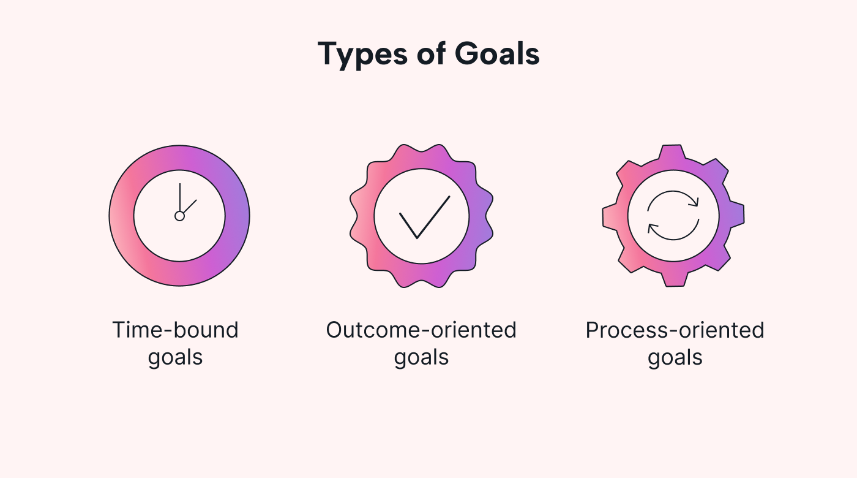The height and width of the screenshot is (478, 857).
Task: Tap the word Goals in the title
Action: click(497, 54)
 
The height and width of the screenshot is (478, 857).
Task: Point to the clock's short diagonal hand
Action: click(189, 207)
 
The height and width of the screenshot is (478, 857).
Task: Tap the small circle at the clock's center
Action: click(179, 216)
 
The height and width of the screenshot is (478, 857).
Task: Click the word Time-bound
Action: click(175, 330)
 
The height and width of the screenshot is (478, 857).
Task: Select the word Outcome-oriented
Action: click(421, 330)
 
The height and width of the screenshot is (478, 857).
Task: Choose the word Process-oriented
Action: click(675, 330)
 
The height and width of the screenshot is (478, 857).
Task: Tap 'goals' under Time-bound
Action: click(175, 357)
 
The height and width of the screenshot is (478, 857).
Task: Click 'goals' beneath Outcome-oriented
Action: click(421, 357)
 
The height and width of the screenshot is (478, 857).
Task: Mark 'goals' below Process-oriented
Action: click(675, 357)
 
